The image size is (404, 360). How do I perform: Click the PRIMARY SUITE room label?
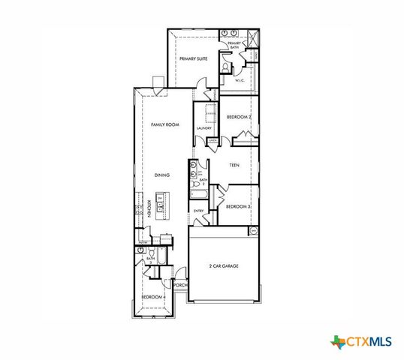click(192, 58)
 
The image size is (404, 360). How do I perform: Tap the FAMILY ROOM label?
click(164, 124)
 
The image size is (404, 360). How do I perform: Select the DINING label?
click(162, 175)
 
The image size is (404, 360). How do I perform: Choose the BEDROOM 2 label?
click(238, 117)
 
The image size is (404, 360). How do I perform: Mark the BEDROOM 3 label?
click(238, 206)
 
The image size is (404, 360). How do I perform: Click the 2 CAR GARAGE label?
click(225, 265)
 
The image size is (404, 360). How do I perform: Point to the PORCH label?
click(179, 286)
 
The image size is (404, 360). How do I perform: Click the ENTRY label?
click(199, 211)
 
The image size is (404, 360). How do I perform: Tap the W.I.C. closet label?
click(240, 80)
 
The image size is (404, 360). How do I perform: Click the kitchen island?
click(160, 206)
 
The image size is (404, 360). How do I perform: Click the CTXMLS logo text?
click(368, 342)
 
